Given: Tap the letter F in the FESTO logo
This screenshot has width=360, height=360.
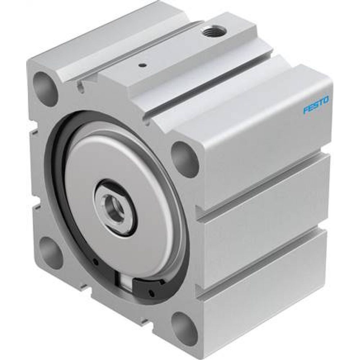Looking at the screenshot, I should tap(306, 111).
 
